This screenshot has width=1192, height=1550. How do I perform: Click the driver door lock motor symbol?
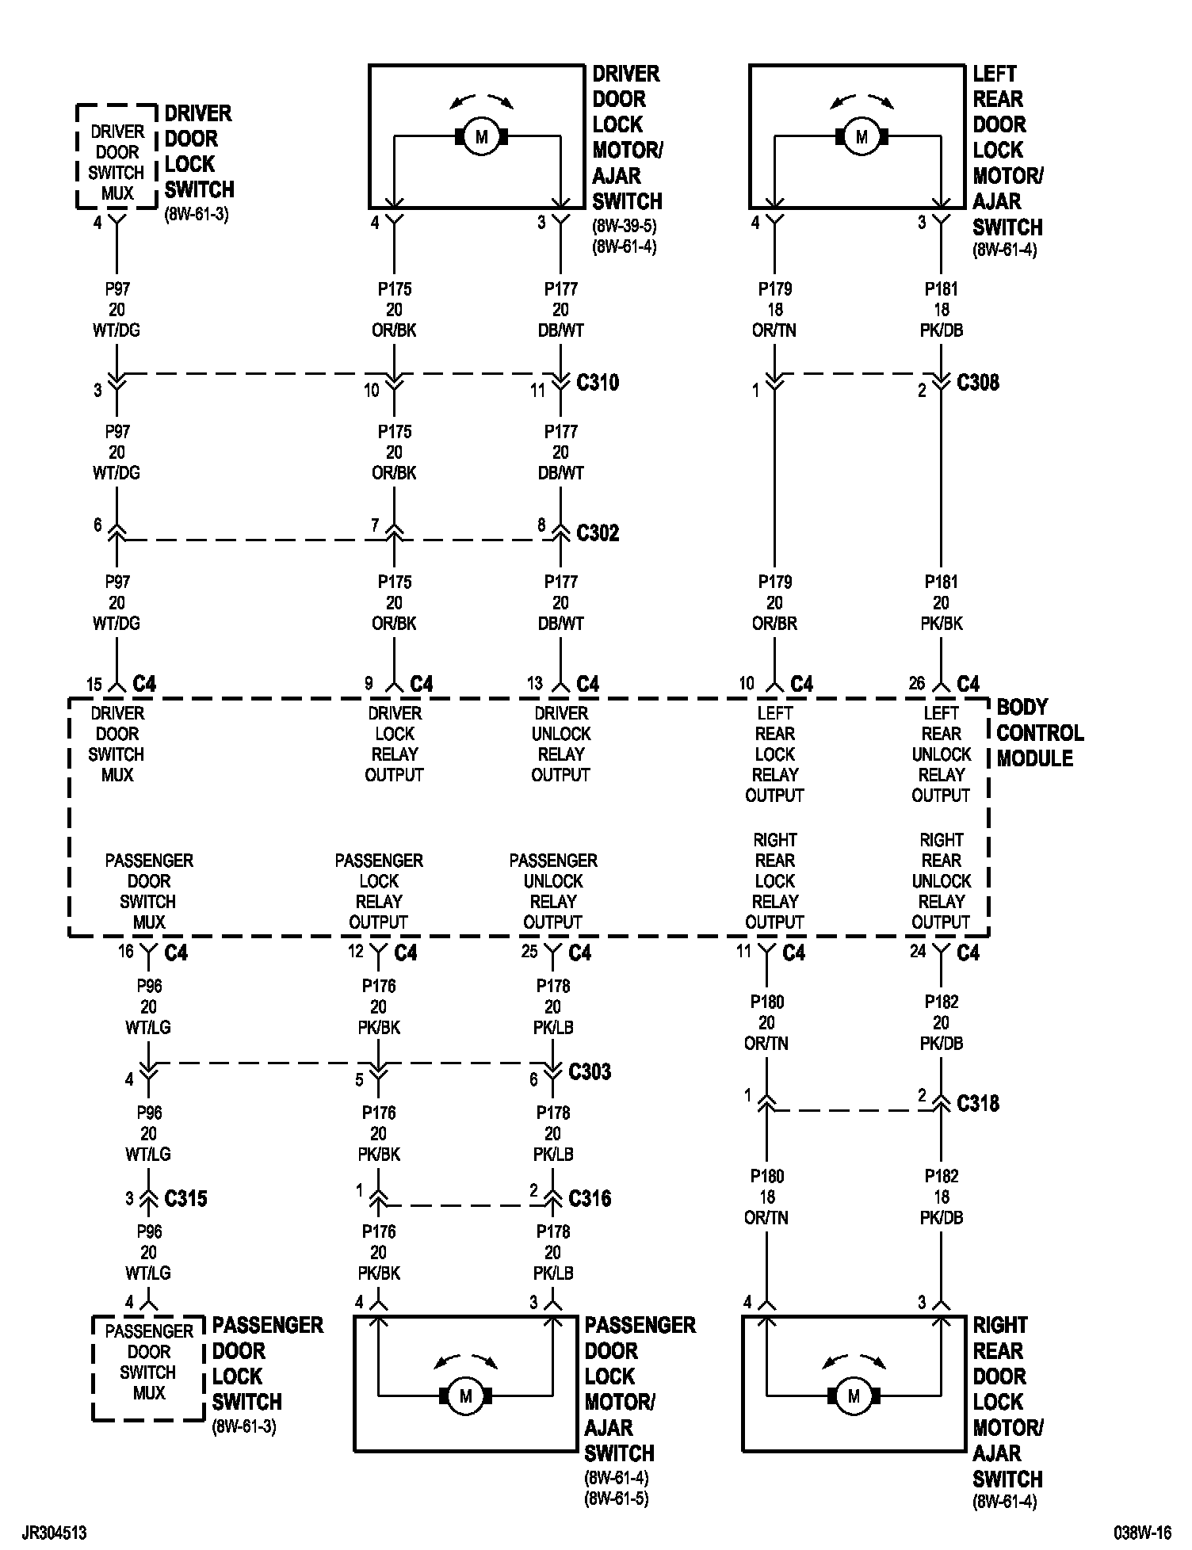coord(481,137)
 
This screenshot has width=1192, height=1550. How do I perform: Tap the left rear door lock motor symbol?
coord(862,137)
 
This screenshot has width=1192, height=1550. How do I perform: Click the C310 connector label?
coord(598,384)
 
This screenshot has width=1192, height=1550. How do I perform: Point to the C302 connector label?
coord(598,533)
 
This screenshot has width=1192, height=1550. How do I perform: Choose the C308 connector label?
coord(978,384)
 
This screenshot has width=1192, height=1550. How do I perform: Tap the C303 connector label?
coord(590,1072)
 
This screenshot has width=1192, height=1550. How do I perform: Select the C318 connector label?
coord(978,1104)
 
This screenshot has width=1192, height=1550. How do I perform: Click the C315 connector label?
coord(185,1198)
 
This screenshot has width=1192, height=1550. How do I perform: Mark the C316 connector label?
coord(590,1198)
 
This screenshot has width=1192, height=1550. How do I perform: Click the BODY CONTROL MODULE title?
coord(1039,733)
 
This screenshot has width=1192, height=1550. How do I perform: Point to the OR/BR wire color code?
coord(774,624)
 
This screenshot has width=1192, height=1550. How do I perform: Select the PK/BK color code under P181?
coord(941,624)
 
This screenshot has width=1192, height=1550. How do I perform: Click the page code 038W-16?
coord(1142,1533)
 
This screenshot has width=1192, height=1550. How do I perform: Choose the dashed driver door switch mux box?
coord(117,157)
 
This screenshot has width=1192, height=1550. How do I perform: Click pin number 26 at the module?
coord(917,683)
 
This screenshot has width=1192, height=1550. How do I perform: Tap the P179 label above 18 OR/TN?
coord(774,289)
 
